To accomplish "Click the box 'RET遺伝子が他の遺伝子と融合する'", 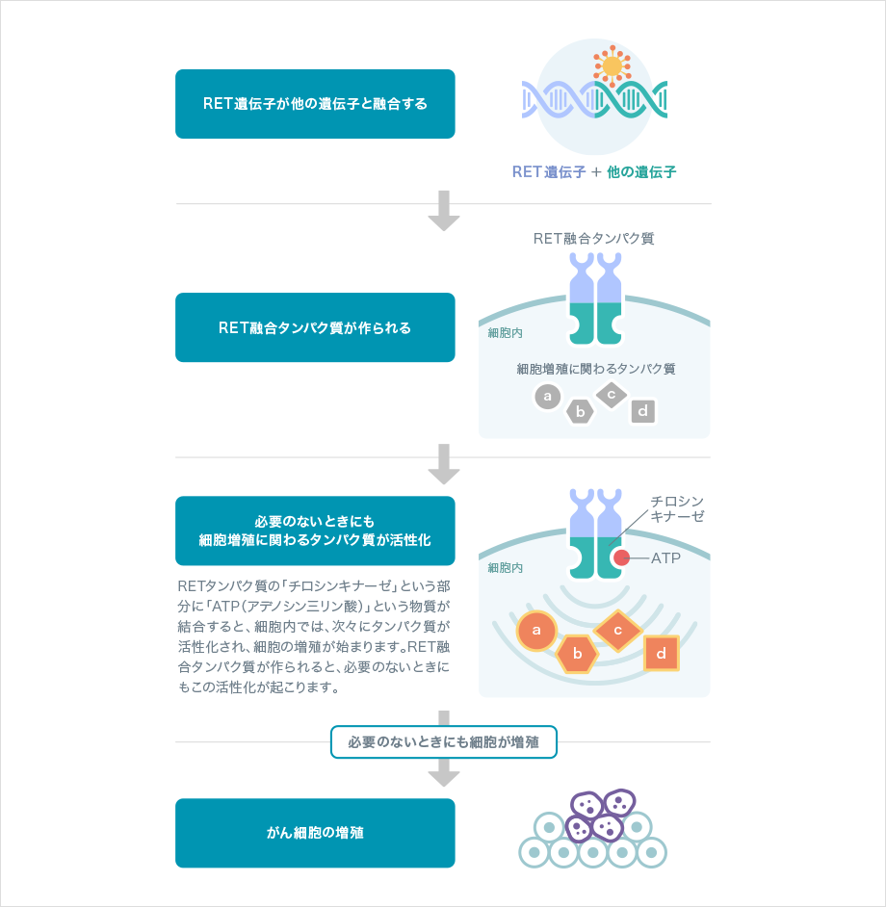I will click(315, 104).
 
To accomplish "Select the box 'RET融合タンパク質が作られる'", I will click(315, 327).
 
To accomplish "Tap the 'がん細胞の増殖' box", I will click(315, 833).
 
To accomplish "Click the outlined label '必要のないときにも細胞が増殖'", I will click(444, 742).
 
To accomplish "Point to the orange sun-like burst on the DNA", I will click(612, 66).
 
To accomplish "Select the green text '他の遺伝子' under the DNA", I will click(641, 172).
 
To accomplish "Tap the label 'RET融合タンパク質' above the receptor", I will click(593, 238).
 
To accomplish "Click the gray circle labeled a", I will click(547, 396).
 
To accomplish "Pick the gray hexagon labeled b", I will click(580, 412).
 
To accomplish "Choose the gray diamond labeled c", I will click(612, 394).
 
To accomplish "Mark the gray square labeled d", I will click(643, 412).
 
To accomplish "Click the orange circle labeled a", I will click(537, 632).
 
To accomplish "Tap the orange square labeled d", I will click(662, 654).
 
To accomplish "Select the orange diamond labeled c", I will click(618, 631).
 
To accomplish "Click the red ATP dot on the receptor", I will click(623, 557).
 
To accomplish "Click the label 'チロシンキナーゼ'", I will click(677, 508).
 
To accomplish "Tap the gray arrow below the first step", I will click(444, 211).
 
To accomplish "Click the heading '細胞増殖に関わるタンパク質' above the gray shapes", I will click(595, 369).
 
